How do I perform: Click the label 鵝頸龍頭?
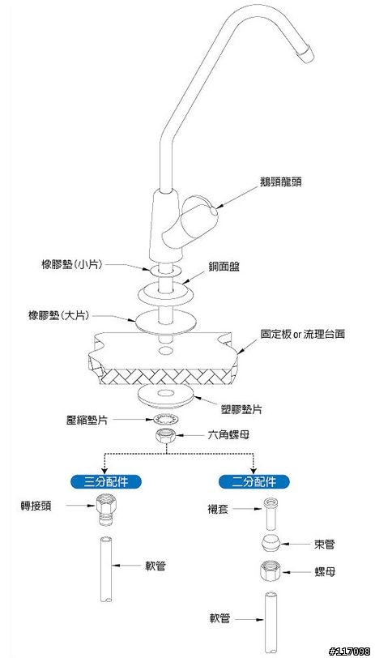coord(280,182)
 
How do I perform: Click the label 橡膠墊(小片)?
coord(72,264)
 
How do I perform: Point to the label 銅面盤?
coord(224,267)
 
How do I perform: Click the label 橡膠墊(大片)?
coord(58,315)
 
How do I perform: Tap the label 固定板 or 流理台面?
coord(303,335)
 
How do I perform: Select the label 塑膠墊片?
coord(241,409)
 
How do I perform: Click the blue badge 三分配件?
coord(106,481)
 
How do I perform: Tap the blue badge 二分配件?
coord(254,481)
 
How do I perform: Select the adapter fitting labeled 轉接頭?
coord(106,509)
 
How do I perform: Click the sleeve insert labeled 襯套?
coord(271,515)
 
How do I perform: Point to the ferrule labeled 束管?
coord(271,545)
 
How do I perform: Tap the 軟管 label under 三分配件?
coord(156,566)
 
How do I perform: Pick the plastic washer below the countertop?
coord(166,395)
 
